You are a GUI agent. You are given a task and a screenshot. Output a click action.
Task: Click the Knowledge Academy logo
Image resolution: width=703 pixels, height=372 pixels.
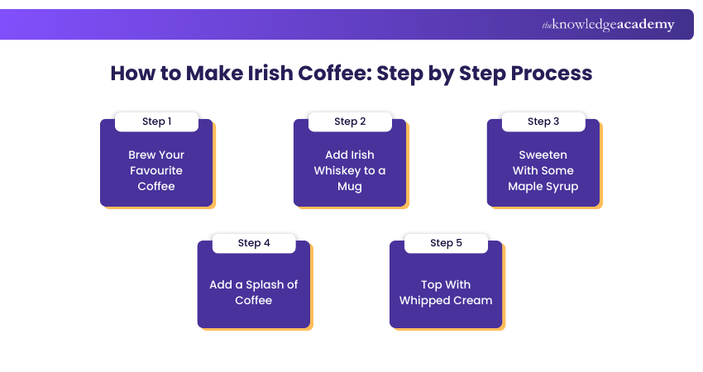(x=608, y=25)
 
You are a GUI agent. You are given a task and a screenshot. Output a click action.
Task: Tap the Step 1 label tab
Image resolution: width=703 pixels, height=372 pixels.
(x=156, y=122)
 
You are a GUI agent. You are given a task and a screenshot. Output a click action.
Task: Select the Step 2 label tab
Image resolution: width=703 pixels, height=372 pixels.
(x=350, y=122)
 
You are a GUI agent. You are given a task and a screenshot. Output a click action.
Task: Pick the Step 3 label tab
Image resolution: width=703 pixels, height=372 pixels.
(x=543, y=122)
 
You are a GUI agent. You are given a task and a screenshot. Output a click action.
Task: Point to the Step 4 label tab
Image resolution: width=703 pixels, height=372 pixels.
(x=254, y=243)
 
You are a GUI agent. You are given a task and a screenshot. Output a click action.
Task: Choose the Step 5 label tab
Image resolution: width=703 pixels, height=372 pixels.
(x=447, y=243)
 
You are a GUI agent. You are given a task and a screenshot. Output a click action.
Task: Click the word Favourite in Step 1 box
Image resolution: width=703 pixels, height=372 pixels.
(x=156, y=170)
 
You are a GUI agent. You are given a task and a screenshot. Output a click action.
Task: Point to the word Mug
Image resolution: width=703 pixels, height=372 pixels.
(x=350, y=186)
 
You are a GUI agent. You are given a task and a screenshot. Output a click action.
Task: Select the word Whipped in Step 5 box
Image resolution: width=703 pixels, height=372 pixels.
(x=424, y=300)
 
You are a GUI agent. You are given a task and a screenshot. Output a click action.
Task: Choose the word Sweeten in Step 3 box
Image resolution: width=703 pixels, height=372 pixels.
(x=543, y=155)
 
